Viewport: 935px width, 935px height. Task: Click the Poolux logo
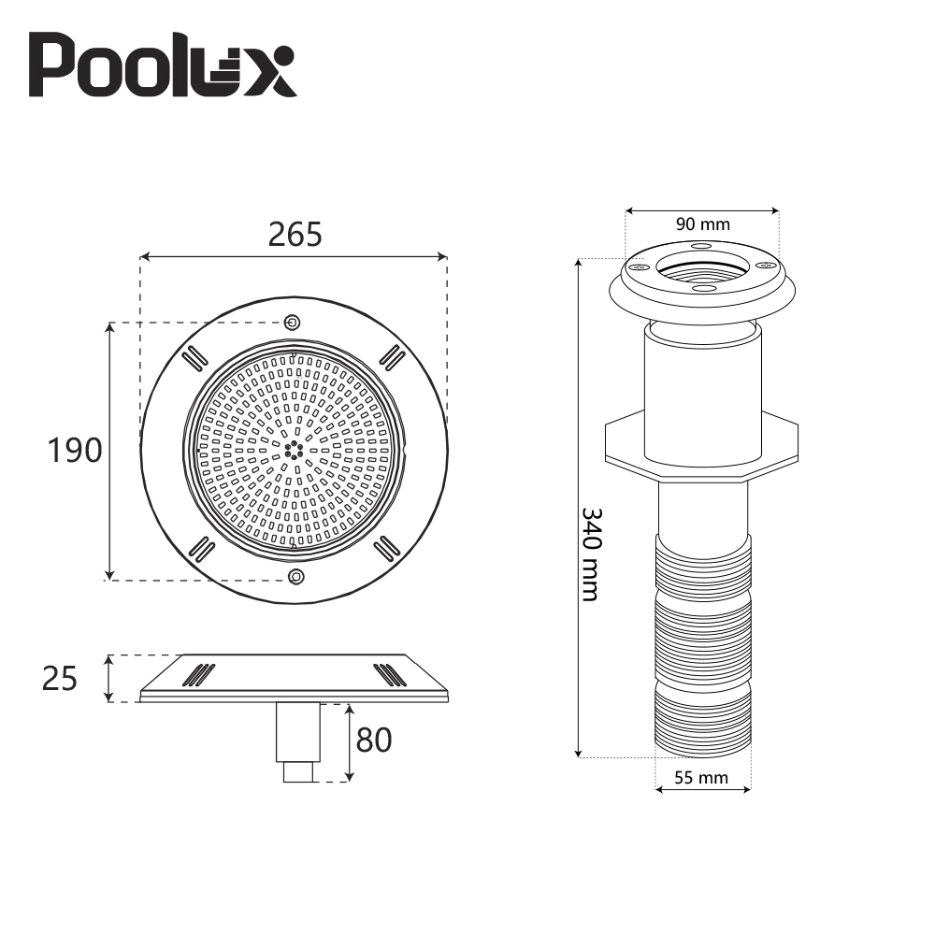point(164,65)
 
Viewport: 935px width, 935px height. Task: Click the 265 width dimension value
point(295,235)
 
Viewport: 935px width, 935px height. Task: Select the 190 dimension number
point(75,451)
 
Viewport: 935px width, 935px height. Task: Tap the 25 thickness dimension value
point(60,678)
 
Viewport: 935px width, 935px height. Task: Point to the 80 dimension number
point(373,741)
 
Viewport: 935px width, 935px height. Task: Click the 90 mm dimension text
point(702,224)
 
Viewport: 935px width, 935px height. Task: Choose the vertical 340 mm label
point(590,554)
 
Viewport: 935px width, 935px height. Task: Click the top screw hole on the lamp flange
point(292,323)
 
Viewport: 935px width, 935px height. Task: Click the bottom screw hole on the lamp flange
point(296,576)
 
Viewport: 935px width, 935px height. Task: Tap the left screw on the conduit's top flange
point(640,267)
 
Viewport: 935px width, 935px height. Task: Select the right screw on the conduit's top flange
point(768,267)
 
